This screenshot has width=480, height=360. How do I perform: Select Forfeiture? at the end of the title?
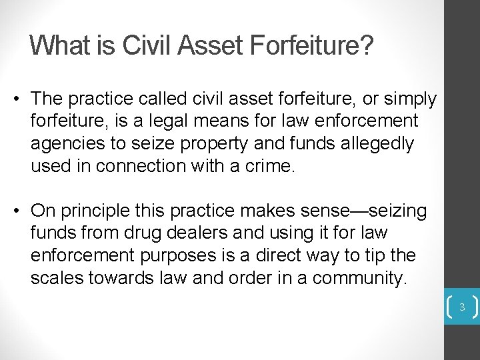[312, 45]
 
